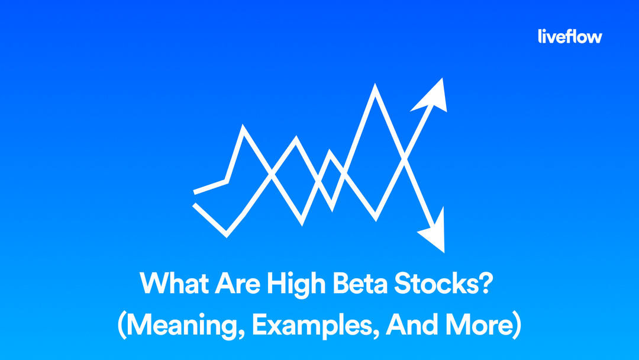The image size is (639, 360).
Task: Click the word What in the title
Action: [x=167, y=285]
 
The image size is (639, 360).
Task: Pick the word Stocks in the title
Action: [x=438, y=285]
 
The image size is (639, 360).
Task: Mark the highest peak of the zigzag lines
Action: [x=375, y=88]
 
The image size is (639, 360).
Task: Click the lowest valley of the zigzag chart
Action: [x=227, y=234]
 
